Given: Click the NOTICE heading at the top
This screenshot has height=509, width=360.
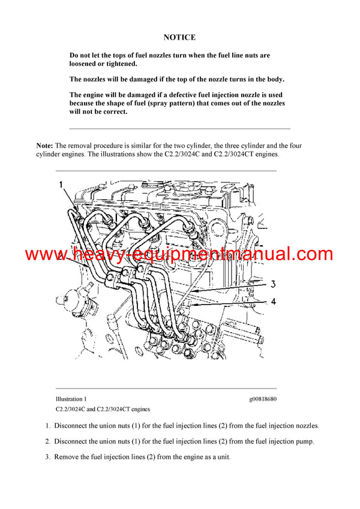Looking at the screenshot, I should tap(179, 37).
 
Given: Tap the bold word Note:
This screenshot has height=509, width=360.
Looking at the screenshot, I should tap(45, 146).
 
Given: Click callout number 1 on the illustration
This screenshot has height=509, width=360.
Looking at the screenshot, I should tap(61, 185).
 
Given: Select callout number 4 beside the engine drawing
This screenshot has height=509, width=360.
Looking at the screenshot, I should tap(273, 302).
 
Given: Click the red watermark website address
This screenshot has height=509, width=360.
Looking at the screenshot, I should tap(179, 254).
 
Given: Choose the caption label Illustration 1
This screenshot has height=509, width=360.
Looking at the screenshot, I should tap(71, 399).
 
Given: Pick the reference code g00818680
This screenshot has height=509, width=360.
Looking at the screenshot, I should tap(263, 399).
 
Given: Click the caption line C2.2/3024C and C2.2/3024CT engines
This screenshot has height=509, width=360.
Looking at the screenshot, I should tap(103, 409).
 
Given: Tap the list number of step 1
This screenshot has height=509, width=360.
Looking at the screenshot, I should tap(48, 426).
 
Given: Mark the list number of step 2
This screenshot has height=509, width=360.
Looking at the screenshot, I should tap(48, 441).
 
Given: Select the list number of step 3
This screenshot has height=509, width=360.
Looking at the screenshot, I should tap(48, 457).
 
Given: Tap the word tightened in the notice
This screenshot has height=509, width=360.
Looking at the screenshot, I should tap(119, 64).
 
